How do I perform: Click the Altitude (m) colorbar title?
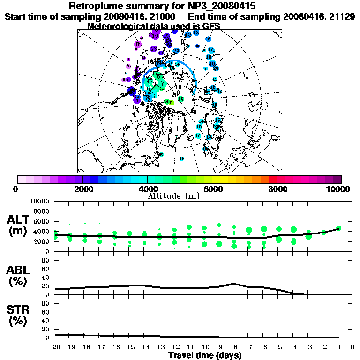[174, 195]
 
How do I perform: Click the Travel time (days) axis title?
[205, 355]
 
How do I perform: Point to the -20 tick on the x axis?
[55, 347]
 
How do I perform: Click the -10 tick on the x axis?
[204, 347]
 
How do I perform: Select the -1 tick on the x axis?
[337, 347]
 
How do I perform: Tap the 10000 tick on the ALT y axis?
[39, 201]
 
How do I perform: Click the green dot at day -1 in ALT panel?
[338, 228]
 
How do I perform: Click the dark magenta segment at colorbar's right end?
[337, 179]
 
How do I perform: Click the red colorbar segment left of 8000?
[273, 179]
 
